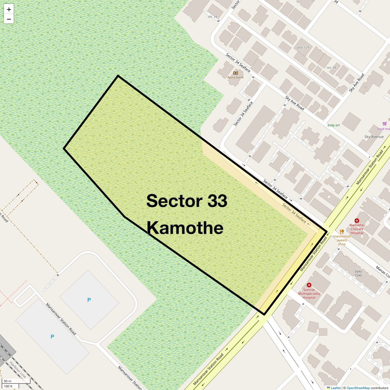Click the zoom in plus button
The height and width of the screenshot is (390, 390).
(9, 9)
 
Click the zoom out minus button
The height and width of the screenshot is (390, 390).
(9, 19)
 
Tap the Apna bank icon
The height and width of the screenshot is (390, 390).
(236, 73)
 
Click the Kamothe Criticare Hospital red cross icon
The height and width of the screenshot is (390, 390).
(357, 221)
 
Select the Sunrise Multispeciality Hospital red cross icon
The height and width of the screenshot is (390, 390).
(309, 285)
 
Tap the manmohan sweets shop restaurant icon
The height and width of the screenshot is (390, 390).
(342, 232)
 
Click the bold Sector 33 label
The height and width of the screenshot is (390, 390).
(187, 201)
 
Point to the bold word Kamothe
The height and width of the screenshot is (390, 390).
(185, 228)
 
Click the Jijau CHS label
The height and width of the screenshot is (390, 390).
(358, 273)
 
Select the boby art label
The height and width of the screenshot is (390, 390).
(333, 125)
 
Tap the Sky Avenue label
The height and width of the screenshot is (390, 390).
(374, 137)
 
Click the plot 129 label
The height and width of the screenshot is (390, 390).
(303, 47)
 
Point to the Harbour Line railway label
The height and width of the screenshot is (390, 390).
(18, 370)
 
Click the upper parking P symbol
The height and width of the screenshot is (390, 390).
(89, 300)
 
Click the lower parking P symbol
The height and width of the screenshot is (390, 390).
(52, 337)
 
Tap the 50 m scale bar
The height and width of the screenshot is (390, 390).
(16, 381)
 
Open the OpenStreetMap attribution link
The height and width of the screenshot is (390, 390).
(358, 388)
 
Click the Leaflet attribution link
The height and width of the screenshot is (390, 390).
(335, 388)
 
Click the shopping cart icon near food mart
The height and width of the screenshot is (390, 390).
(384, 123)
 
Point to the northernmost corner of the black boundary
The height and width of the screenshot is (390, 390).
(118, 76)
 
